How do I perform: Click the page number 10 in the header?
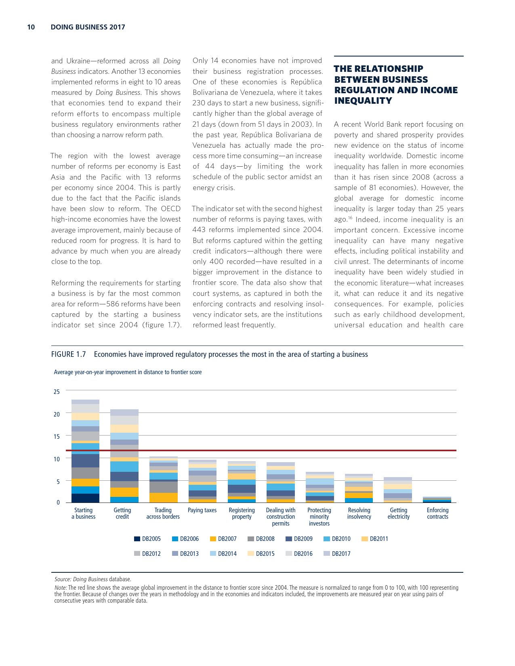tap(31, 27)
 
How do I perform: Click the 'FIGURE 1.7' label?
tap(68, 354)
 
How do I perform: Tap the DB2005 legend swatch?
tap(137, 539)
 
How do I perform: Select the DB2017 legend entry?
tap(336, 554)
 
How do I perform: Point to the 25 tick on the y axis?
tap(56, 392)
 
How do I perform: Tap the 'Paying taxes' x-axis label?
tap(202, 510)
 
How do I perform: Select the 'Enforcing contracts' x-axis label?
tap(437, 513)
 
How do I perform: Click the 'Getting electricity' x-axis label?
tap(398, 513)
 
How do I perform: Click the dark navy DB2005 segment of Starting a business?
tap(85, 498)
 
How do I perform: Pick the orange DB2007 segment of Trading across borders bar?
tap(163, 498)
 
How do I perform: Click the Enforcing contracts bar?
tap(437, 500)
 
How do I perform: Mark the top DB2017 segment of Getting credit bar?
tap(124, 413)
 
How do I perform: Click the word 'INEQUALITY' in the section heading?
tap(363, 101)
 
